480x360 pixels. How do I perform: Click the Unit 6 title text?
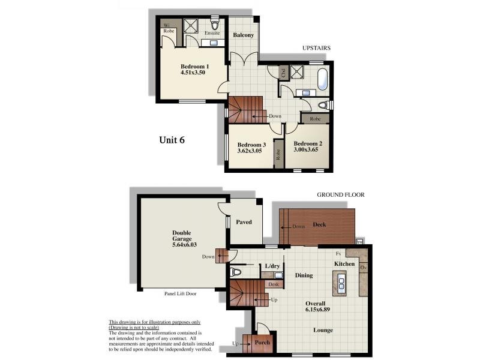172,140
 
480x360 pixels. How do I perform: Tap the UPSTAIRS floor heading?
317,48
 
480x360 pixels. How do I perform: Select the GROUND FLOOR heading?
340,195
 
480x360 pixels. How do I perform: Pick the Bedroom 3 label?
251,145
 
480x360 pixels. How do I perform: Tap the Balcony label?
244,35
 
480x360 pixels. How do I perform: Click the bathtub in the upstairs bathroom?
322,79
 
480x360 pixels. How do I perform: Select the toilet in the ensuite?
214,26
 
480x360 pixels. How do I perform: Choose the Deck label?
319,225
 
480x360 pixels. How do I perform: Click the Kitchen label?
344,264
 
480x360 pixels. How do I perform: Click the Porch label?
263,343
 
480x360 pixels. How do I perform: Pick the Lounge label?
323,330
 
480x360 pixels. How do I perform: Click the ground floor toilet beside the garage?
236,271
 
